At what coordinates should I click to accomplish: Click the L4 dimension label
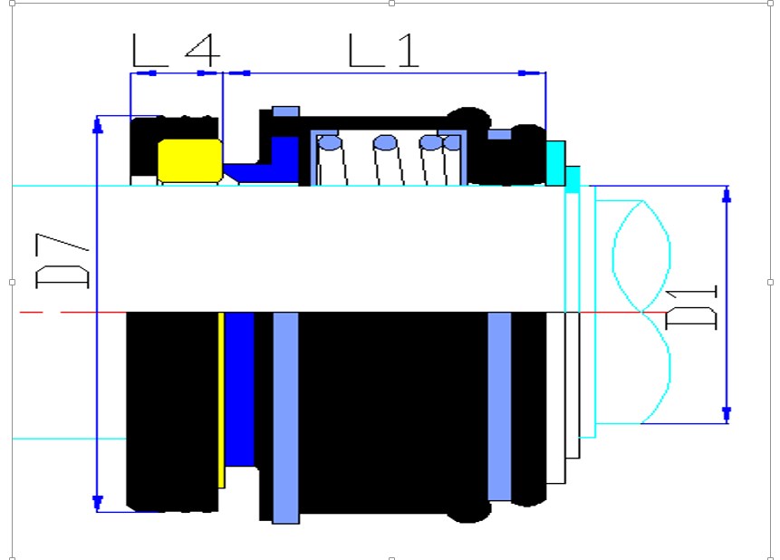tap(176, 50)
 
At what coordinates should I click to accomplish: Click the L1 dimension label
tap(383, 50)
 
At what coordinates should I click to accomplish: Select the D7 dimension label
tap(63, 261)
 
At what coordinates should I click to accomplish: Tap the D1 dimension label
tap(691, 307)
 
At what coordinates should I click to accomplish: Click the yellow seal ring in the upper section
tap(190, 160)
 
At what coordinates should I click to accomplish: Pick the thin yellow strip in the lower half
tap(221, 401)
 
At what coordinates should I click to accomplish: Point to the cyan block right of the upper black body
tap(555, 163)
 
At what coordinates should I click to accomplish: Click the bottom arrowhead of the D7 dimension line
tap(98, 503)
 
